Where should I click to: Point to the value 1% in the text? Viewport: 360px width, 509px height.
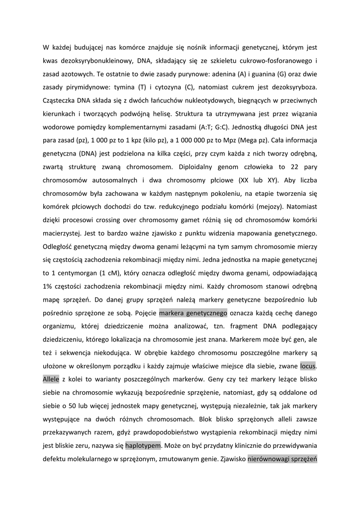click(x=49, y=287)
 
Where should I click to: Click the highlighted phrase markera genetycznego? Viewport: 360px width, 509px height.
click(x=193, y=313)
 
